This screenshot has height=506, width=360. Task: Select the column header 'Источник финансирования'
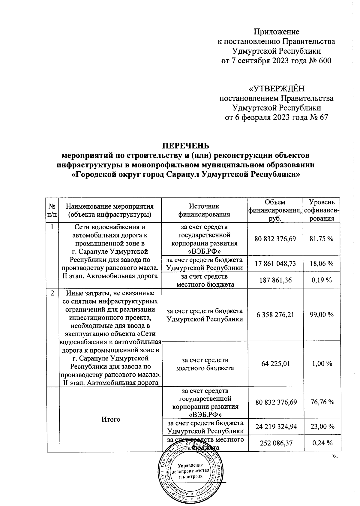pyautogui.click(x=204, y=210)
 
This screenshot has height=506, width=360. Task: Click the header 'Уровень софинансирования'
pyautogui.click(x=322, y=210)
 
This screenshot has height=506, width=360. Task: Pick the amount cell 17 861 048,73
pyautogui.click(x=275, y=264)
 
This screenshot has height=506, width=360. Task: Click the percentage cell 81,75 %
pyautogui.click(x=322, y=239)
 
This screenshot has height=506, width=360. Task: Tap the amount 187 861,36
pyautogui.click(x=275, y=280)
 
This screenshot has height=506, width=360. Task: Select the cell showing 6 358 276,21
pyautogui.click(x=275, y=315)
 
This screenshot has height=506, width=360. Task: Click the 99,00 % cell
pyautogui.click(x=322, y=315)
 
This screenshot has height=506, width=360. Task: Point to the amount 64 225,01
pyautogui.click(x=275, y=363)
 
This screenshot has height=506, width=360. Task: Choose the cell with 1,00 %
pyautogui.click(x=322, y=363)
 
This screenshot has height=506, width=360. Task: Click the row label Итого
pyautogui.click(x=111, y=419)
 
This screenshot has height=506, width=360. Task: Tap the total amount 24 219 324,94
pyautogui.click(x=275, y=426)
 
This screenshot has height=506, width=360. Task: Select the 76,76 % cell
pyautogui.click(x=322, y=402)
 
